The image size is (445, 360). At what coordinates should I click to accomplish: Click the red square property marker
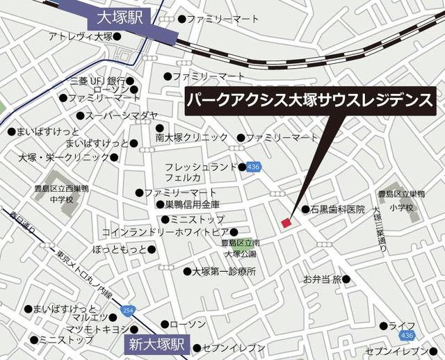(x=285, y=222)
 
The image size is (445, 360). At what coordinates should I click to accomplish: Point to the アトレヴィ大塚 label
(x=81, y=36)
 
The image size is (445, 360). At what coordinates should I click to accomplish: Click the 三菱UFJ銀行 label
(x=97, y=81)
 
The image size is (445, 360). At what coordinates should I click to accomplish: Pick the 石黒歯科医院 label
(x=337, y=209)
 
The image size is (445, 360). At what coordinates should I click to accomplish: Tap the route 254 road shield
(x=127, y=309)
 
